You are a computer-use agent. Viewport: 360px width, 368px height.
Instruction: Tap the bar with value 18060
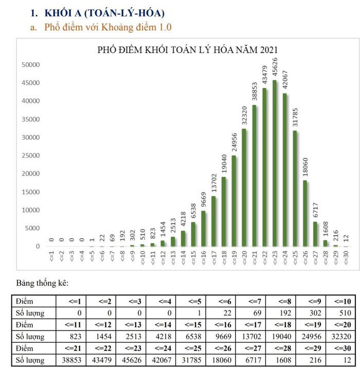[x=305, y=213]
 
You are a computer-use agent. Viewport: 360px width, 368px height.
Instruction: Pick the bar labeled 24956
[x=234, y=201]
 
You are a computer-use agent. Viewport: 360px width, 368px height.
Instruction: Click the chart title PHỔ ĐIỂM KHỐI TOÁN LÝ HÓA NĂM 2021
[x=188, y=50]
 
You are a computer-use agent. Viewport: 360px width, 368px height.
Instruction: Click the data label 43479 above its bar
[x=265, y=75]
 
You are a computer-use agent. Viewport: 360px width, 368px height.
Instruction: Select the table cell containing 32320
[x=338, y=337]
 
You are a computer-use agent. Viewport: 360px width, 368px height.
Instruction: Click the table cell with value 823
[x=70, y=337]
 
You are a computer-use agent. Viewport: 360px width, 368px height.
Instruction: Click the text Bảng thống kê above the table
[x=42, y=283]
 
